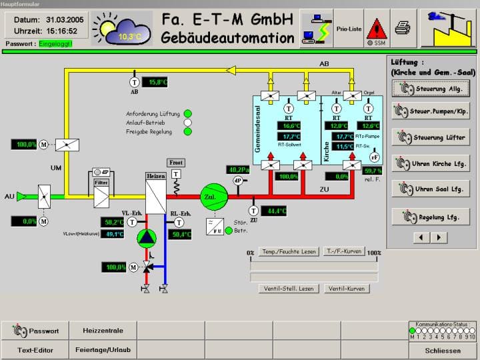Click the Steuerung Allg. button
[431, 89]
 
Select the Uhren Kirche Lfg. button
[431, 163]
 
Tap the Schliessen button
[442, 350]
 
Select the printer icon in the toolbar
[402, 27]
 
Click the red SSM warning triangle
[377, 27]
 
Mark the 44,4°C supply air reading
[274, 211]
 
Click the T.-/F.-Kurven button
[345, 251]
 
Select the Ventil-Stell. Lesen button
[288, 289]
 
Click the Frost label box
[176, 162]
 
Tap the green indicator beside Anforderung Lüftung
[188, 113]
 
